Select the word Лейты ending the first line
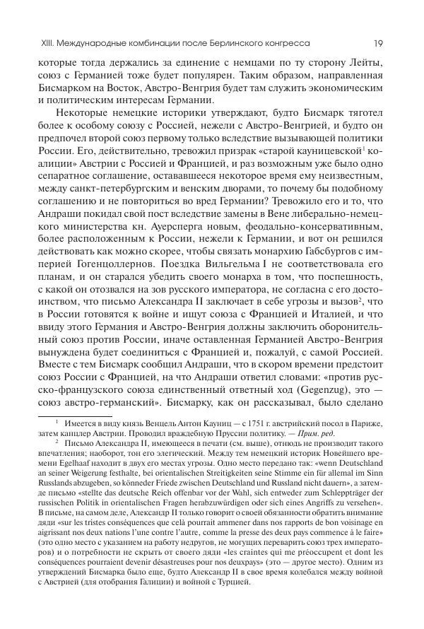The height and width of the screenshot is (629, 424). pyautogui.click(x=367, y=62)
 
